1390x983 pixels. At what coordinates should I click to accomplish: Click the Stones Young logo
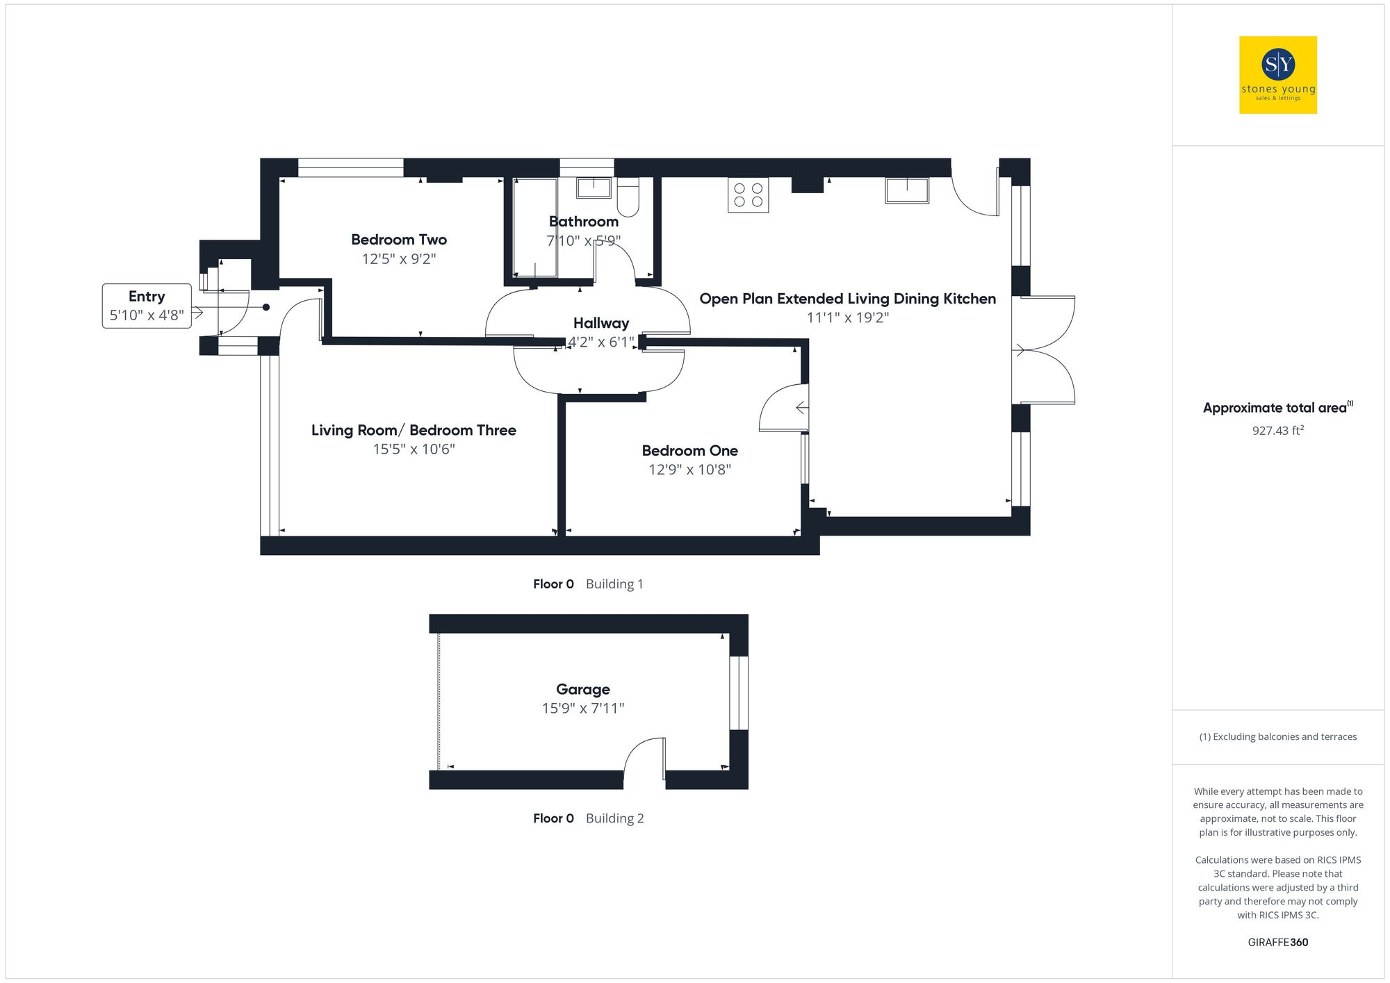point(1277,75)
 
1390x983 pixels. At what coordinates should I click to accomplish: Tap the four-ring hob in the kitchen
point(748,195)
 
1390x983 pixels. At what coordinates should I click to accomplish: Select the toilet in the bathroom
point(628,197)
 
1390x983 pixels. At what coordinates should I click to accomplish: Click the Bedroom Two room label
point(398,240)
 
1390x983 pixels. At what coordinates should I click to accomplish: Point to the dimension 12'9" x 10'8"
point(689,470)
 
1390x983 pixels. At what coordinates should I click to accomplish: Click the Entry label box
point(147,306)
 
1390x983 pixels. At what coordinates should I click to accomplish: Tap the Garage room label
point(582,689)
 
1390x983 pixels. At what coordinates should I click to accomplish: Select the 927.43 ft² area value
point(1277,431)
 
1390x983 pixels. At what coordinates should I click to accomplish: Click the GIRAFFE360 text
point(1277,942)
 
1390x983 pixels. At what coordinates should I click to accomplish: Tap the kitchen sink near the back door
point(906,190)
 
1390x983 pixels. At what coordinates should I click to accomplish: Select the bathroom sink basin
point(593,188)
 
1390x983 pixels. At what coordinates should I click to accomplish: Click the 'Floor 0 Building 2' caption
point(588,818)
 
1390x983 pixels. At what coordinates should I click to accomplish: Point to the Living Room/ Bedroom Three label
point(414,430)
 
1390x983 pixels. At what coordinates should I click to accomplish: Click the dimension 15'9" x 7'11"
point(582,709)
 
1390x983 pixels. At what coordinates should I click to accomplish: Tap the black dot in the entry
point(266,307)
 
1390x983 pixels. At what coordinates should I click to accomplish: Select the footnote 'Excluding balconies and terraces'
point(1277,736)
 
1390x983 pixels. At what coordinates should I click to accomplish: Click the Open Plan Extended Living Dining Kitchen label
point(847,299)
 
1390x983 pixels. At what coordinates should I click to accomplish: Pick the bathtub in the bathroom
point(535,228)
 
